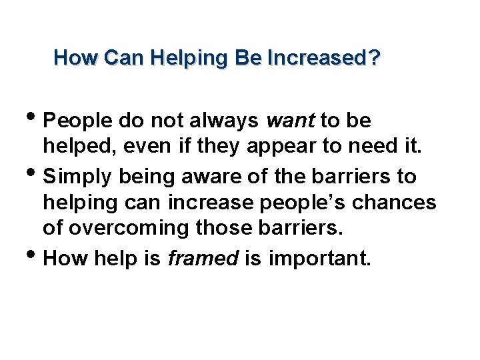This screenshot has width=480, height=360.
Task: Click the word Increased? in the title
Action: (x=324, y=59)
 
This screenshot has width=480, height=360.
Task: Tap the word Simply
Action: (x=77, y=177)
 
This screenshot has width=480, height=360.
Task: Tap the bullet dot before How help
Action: (x=35, y=254)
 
